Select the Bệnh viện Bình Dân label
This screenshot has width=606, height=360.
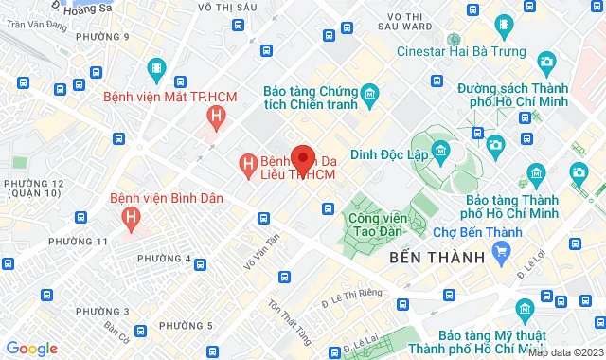[x=166, y=199]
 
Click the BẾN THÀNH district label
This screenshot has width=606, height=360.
[x=437, y=257]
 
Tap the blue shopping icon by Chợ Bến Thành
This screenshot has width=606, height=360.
[x=503, y=252]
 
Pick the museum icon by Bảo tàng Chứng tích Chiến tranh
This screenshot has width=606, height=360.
[x=369, y=93]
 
